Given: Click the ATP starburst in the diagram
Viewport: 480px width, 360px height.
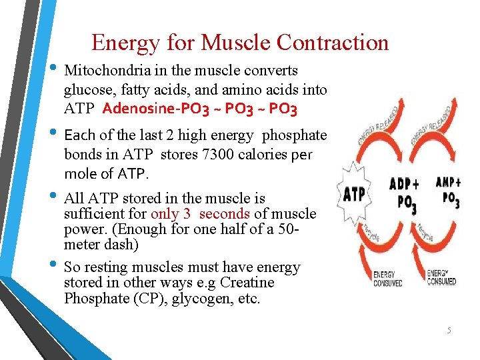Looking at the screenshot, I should (353, 194).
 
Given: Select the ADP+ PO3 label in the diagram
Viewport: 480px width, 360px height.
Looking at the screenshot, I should (405, 193).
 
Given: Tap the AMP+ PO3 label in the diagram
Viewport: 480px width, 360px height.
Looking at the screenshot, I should (447, 192).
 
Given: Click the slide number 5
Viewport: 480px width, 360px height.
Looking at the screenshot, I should (449, 330).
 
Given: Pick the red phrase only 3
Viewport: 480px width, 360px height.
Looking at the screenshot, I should (173, 214).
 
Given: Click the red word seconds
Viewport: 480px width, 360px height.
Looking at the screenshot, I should (225, 214).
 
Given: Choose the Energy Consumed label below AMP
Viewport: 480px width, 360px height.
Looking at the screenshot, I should (441, 277).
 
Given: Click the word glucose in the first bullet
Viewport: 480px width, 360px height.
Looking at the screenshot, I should (86, 90).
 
